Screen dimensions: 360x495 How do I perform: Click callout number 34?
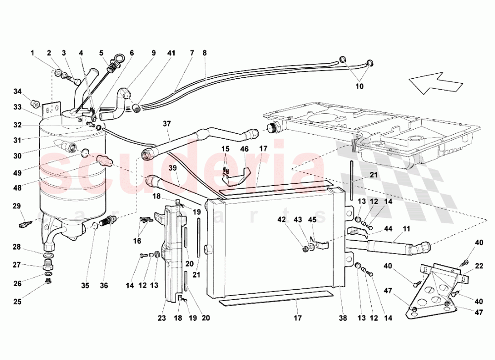[x=17, y=91]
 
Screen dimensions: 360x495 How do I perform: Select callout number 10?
[x=359, y=86]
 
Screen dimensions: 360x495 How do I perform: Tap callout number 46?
[x=244, y=149]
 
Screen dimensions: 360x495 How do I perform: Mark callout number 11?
[x=406, y=230]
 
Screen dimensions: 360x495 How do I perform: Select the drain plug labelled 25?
[x=49, y=281]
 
